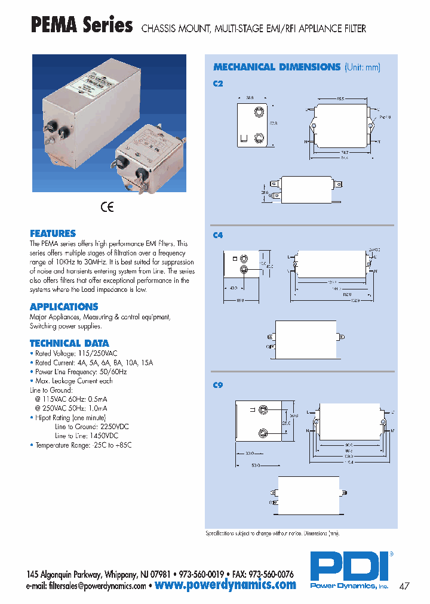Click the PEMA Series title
coord(81,26)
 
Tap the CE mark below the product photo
coord(107,207)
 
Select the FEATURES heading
coord(53,233)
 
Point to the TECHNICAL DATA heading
coord(69,343)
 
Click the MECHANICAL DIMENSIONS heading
coord(277,67)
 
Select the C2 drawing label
coord(218,84)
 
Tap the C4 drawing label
coord(218,236)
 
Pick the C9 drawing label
coord(218,386)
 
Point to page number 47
coord(404,586)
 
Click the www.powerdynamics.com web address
coord(225,585)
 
